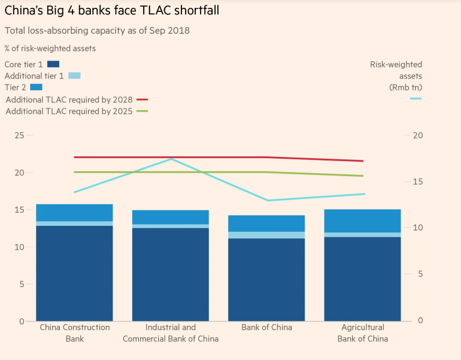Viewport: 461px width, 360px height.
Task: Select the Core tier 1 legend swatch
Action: coord(53,64)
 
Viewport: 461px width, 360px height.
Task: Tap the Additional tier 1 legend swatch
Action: coord(74,75)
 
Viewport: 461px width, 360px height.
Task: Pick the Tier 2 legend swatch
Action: coord(37,87)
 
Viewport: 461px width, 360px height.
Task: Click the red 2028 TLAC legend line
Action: coord(142,99)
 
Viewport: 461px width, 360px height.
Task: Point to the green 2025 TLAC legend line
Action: coord(142,111)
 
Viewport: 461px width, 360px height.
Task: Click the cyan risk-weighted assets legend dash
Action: coord(415,98)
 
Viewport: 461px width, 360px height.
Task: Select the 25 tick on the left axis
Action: coord(19,135)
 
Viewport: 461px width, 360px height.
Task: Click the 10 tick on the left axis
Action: coord(19,247)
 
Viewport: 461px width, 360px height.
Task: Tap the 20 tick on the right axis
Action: coord(418,135)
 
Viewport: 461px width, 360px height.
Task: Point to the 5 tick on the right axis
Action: coord(420,274)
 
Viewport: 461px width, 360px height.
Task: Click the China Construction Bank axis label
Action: coord(75,333)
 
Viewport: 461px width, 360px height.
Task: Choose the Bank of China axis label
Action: coord(266,328)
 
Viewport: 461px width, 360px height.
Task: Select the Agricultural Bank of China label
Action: coord(362,333)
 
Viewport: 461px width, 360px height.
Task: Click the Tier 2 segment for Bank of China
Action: coord(266,223)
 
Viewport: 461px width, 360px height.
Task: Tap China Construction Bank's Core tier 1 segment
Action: coord(75,273)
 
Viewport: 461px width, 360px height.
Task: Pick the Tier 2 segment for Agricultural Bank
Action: coord(362,220)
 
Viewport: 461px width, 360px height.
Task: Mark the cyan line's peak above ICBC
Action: coord(171,159)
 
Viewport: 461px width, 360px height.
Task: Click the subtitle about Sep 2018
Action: coord(97,31)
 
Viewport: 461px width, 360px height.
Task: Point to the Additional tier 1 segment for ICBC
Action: coord(171,226)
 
